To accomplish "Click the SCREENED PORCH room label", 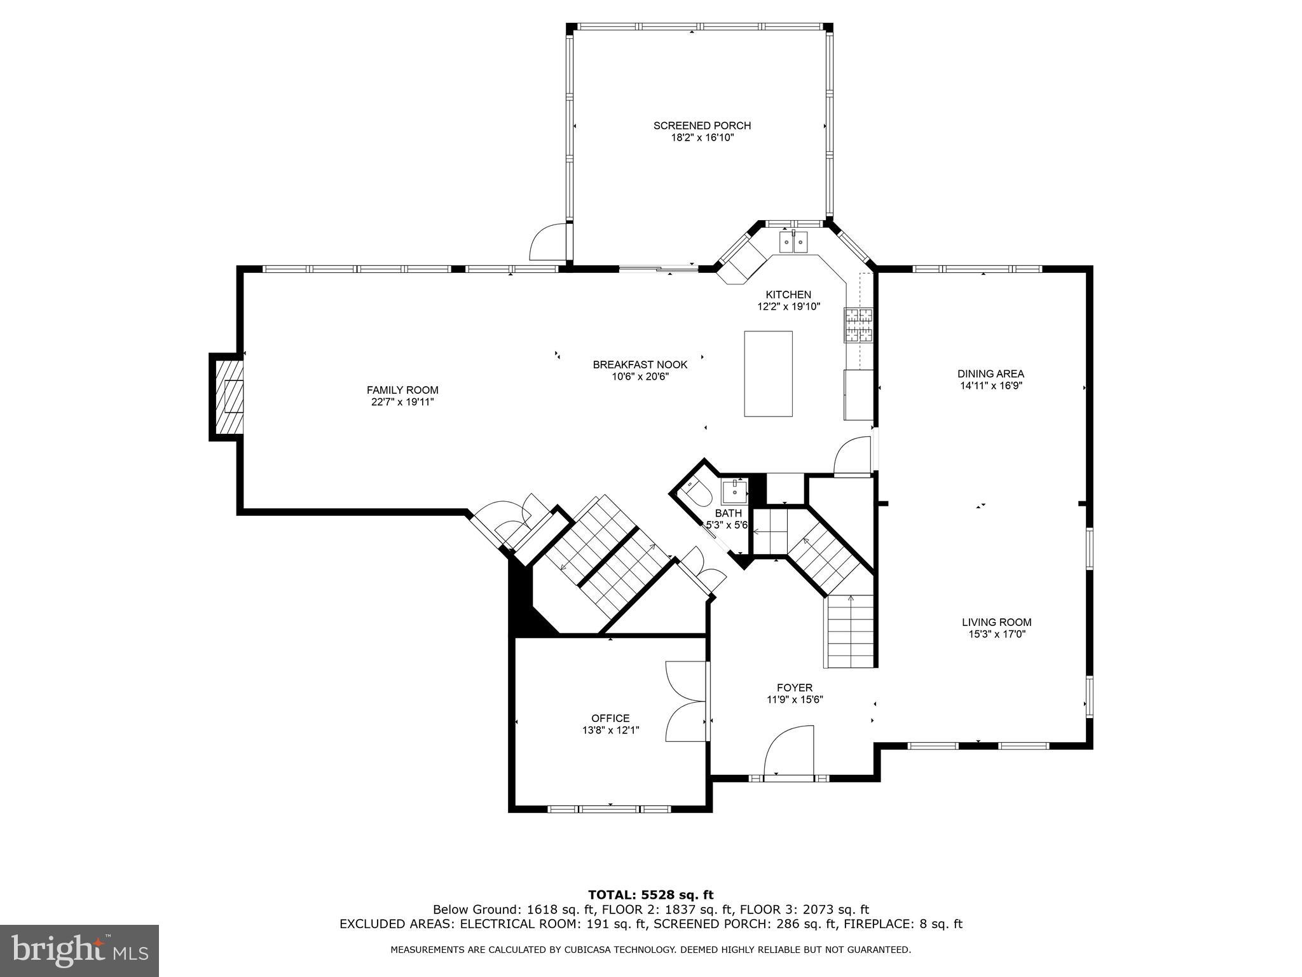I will (702, 125).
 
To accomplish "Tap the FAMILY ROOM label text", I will (402, 390).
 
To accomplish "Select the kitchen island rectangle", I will (768, 374).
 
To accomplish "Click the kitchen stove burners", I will (858, 325).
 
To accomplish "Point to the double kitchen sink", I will (793, 242).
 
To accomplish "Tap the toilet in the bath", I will (697, 492).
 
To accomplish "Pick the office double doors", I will (687, 700).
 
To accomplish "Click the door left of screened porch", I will (548, 242).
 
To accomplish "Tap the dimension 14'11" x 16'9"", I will (990, 385).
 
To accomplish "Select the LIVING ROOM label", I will (996, 622).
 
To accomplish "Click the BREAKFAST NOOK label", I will (640, 364).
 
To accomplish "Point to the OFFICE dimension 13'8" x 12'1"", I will (610, 730).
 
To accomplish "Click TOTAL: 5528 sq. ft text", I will (650, 895).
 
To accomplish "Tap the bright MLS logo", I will (79, 950).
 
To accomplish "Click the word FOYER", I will (794, 688).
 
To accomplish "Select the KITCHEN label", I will (788, 294).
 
